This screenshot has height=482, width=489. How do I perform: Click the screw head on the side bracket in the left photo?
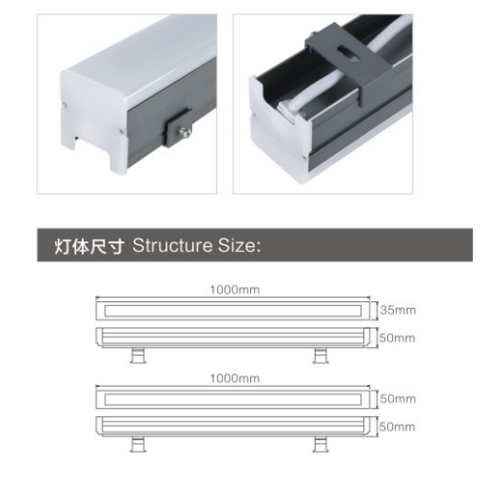[x=185, y=131]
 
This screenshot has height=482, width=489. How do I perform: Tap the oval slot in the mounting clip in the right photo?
[x=348, y=53]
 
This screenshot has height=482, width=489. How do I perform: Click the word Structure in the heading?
[x=172, y=245]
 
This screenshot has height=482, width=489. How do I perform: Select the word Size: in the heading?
[x=239, y=245]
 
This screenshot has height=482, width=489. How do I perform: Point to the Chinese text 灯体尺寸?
[x=89, y=246]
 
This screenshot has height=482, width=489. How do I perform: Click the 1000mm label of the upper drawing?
[x=235, y=290]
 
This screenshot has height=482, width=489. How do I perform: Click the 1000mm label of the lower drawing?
[x=235, y=378]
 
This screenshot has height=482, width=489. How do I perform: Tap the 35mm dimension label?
[x=398, y=310]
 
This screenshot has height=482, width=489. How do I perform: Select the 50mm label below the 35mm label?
[x=398, y=338]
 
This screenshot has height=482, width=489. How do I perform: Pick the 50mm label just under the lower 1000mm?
[x=398, y=398]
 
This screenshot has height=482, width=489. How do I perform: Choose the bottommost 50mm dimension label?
[x=398, y=427]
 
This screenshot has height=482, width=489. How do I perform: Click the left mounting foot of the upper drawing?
[x=138, y=356]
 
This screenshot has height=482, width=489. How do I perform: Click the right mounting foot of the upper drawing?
[x=321, y=356]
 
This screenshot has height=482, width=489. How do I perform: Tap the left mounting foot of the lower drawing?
[x=138, y=444]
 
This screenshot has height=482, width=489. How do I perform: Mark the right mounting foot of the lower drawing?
[x=321, y=444]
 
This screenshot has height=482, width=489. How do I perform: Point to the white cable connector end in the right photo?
[x=287, y=110]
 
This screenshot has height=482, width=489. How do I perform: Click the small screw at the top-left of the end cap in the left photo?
[x=65, y=104]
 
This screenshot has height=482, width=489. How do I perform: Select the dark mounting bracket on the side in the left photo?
[x=178, y=127]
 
